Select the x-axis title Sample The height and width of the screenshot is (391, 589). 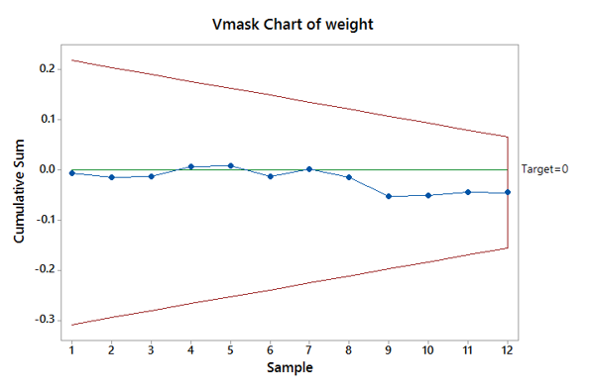291,368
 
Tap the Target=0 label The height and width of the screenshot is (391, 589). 545,169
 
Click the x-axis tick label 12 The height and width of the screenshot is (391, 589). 508,349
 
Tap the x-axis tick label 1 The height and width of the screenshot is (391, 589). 72,349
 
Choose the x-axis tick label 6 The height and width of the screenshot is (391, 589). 270,349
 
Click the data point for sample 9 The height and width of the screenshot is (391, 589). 389,196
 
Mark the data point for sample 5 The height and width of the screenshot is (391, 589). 230,165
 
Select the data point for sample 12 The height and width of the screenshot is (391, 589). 508,192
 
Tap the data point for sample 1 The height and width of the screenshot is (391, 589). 72,173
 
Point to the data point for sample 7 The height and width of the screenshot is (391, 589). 309,169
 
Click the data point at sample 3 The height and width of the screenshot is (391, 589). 152,176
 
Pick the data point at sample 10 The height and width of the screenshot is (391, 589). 428,195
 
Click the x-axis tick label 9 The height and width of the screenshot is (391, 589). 389,349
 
